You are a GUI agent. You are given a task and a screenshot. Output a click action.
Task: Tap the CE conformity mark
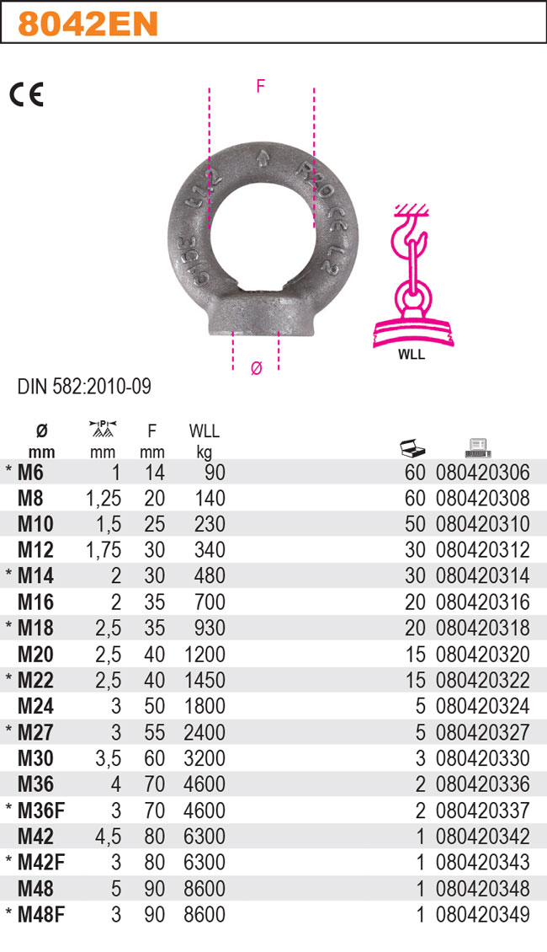coord(26,94)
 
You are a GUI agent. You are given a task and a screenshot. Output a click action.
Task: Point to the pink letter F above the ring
coord(261,84)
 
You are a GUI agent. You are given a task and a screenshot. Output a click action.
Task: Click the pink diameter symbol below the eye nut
coord(257,368)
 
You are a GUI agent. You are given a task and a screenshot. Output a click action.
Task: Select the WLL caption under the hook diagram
coord(412,355)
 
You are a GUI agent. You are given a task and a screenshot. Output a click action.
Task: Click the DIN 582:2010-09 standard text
coord(84,387)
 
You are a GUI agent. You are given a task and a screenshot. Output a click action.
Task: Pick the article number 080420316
coord(483,602)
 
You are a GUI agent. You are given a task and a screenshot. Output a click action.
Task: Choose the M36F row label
coord(41,810)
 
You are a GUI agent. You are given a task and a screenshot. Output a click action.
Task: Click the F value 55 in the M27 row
coord(154,733)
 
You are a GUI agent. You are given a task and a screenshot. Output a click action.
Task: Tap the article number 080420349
coord(483,915)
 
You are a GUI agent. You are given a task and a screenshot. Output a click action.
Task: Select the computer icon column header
coord(477,447)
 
